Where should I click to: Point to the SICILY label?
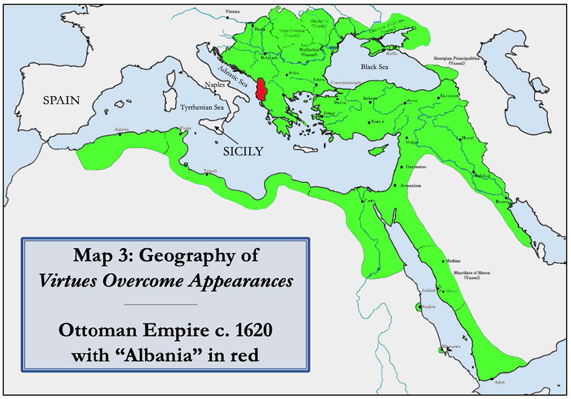(243, 151)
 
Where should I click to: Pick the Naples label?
(214, 84)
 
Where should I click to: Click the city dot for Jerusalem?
(395, 186)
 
